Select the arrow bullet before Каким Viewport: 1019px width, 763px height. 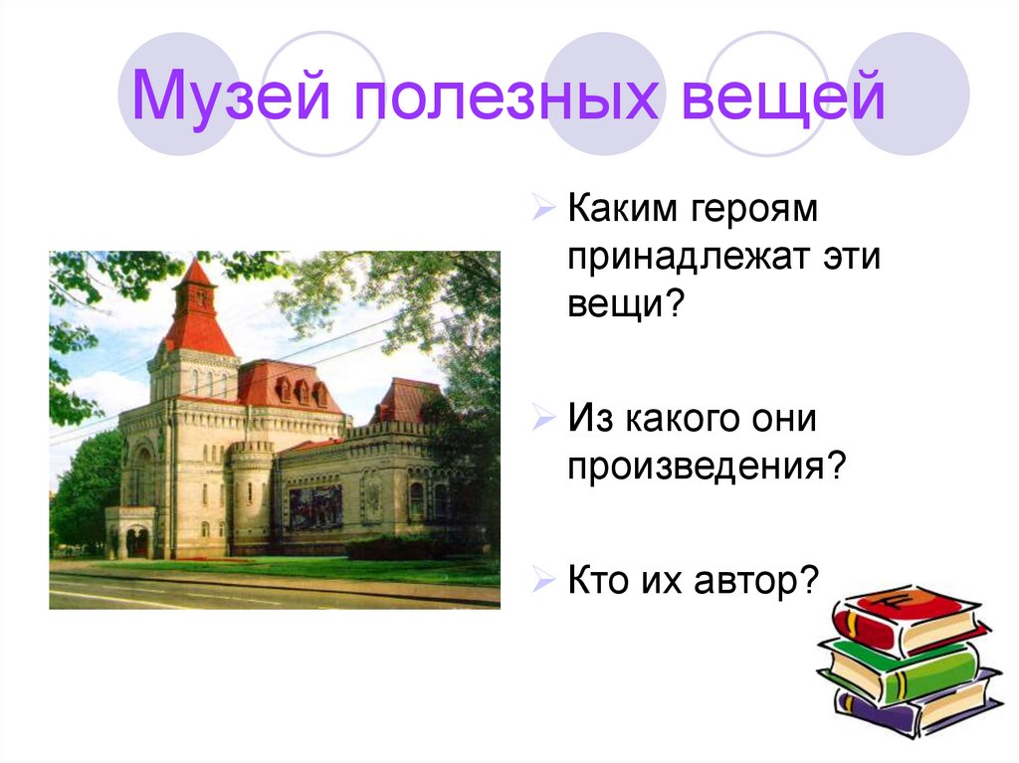click(x=543, y=211)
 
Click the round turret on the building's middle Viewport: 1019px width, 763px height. click(x=252, y=492)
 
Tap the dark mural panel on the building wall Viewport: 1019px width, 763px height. click(x=315, y=505)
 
